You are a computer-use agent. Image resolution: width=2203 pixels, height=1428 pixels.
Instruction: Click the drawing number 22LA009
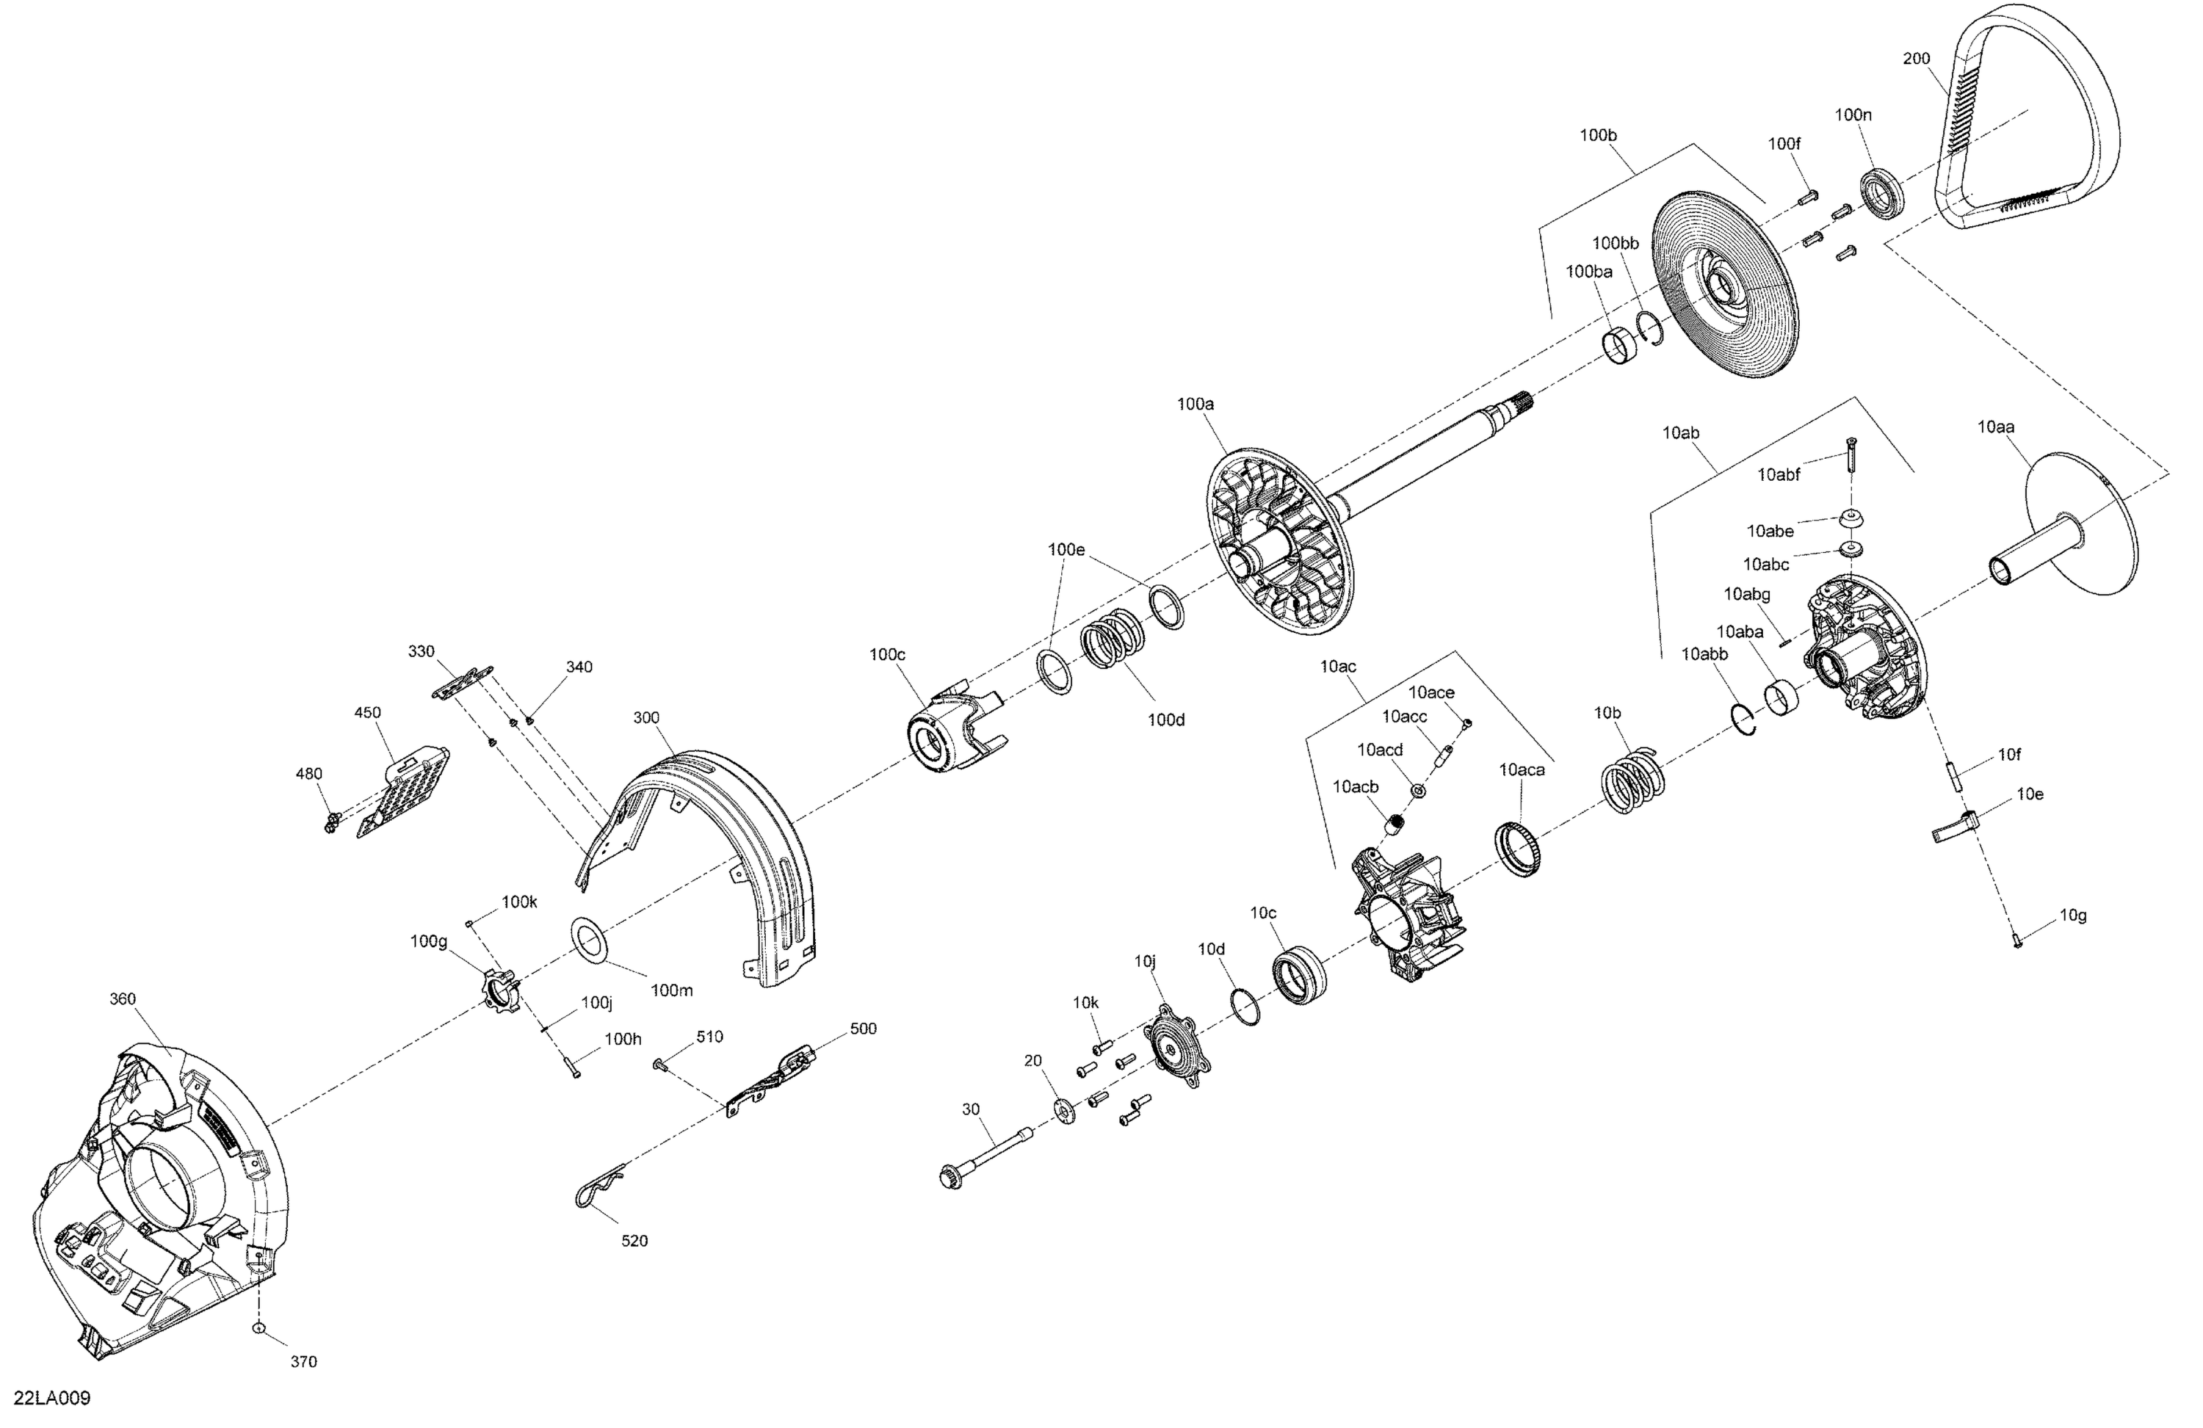coord(52,1397)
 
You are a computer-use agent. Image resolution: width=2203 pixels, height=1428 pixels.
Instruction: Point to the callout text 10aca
coord(1522,770)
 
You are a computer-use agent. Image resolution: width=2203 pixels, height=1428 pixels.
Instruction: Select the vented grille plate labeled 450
coord(405,792)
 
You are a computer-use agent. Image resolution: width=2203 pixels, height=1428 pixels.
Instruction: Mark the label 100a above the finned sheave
coord(1195,405)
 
